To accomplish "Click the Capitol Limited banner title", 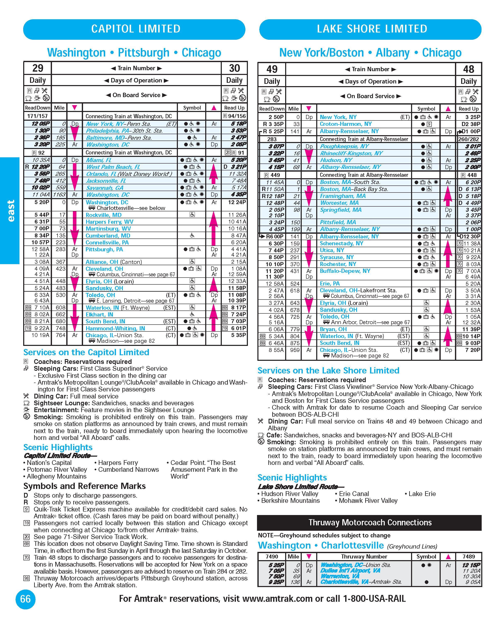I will pos(136,29).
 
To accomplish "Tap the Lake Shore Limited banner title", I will pos(372,29).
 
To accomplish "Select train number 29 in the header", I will pos(38,68).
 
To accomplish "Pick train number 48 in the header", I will pos(468,69).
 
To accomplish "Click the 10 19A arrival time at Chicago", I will pos(40,335).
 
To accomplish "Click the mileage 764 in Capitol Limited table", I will pos(60,335).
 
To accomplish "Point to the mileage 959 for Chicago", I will pos(294,350).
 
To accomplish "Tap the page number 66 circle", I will pos(25,599).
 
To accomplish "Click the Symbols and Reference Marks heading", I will pos(84,486).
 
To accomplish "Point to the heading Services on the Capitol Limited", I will pos(86,352).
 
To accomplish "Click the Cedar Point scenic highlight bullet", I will pos(203,463).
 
